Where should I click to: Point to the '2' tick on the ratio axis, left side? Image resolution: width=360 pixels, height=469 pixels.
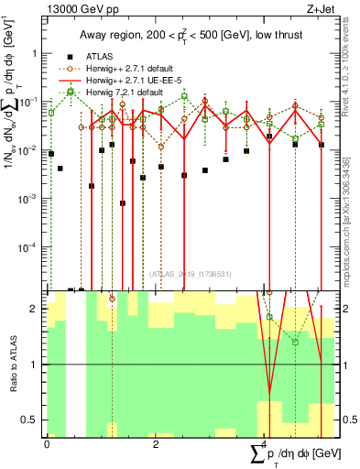(x=36, y=309)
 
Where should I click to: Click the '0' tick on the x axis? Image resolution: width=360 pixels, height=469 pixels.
(x=47, y=444)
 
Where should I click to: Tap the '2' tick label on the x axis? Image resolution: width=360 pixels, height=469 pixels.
(x=156, y=444)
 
